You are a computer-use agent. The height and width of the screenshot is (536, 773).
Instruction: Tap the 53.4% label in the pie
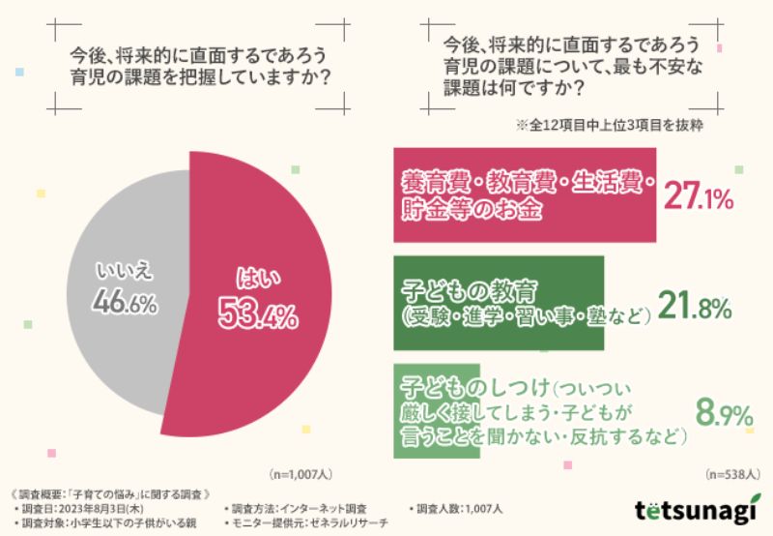tap(258, 314)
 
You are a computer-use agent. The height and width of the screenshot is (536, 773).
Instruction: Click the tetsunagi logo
tap(693, 510)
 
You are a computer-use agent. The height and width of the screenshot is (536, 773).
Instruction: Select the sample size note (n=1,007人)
tap(299, 475)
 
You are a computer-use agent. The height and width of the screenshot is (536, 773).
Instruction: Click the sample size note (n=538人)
tap(733, 474)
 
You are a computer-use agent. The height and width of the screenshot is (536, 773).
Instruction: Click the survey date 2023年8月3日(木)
tap(91, 508)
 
